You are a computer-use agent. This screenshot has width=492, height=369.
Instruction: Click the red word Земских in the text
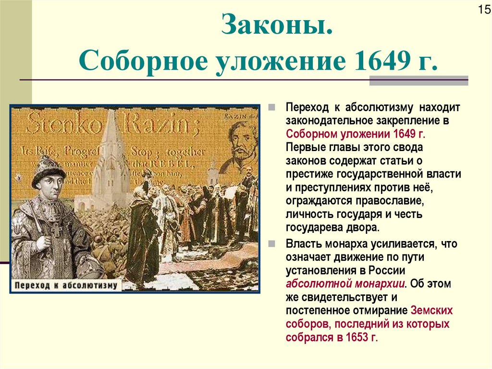(x=432, y=310)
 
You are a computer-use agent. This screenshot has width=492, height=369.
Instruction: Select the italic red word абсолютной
(x=315, y=283)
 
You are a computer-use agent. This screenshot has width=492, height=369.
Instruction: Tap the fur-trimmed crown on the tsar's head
(x=48, y=169)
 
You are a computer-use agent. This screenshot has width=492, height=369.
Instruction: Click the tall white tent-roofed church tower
(x=111, y=154)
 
